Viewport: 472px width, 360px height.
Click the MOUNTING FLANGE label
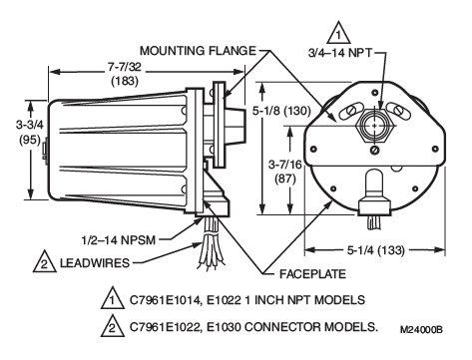[x=198, y=51]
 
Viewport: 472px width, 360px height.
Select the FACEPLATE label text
[x=312, y=274]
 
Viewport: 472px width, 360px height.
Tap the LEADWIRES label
[x=95, y=263]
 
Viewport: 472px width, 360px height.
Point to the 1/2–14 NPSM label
[x=119, y=239]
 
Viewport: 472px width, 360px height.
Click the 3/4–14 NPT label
[x=339, y=53]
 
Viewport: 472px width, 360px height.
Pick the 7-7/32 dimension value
[x=125, y=67]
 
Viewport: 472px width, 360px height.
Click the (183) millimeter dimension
[x=125, y=81]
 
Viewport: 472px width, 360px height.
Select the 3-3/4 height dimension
[x=30, y=125]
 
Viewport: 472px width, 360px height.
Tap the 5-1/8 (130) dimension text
[x=281, y=111]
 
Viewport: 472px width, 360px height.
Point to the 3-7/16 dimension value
[x=285, y=165]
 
